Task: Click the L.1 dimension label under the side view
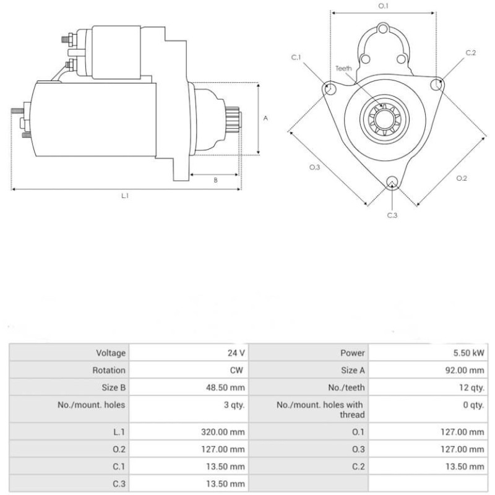coord(124,196)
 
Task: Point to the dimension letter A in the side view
coord(266,118)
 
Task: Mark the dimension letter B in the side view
coord(215,180)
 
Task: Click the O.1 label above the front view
coord(383,6)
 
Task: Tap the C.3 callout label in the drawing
coord(392,215)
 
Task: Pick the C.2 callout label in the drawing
coord(470,53)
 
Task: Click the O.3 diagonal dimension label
coord(315,168)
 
